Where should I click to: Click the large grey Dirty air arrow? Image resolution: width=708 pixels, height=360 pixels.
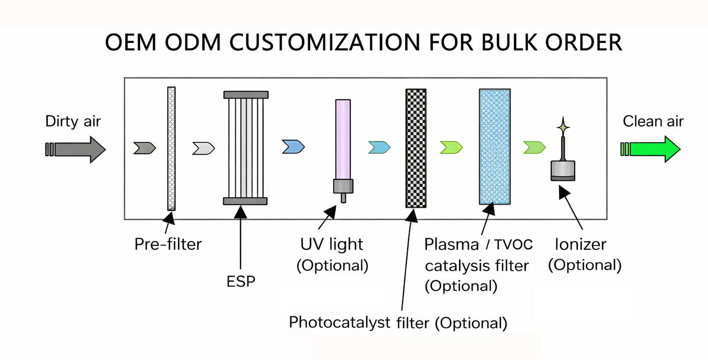[x=78, y=149]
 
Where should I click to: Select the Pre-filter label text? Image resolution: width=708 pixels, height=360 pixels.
[x=168, y=243]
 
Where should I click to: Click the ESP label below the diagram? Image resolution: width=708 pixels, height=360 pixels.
[x=241, y=282]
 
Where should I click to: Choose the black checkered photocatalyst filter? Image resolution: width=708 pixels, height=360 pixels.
[x=416, y=148]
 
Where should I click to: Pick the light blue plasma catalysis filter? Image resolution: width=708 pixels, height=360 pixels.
[x=494, y=146]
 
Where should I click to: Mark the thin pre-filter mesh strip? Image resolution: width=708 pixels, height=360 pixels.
[x=171, y=148]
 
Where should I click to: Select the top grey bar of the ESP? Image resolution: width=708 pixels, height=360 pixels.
[x=245, y=95]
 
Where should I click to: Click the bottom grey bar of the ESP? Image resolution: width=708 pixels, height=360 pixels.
[x=245, y=201]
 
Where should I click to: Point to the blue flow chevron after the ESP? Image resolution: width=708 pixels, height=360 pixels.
[x=293, y=146]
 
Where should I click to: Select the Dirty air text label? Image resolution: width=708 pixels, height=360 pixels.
[x=73, y=121]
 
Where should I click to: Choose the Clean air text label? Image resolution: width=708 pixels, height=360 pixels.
[x=653, y=121]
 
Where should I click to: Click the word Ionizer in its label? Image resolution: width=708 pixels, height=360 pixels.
[x=580, y=244]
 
